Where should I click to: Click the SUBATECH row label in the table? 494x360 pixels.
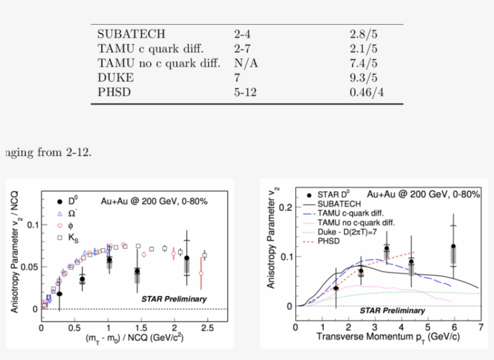(131, 34)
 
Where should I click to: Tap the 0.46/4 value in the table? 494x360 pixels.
(366, 92)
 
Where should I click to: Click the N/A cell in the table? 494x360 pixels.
(246, 63)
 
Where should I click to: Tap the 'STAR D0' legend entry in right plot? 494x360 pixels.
(331, 194)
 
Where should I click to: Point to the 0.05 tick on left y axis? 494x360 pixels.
(27, 267)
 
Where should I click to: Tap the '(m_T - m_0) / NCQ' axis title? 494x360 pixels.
(134, 338)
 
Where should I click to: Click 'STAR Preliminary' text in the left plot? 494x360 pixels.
(174, 299)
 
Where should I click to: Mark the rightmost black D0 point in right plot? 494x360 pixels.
(452, 246)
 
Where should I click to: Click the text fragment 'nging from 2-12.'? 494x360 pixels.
(47, 152)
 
